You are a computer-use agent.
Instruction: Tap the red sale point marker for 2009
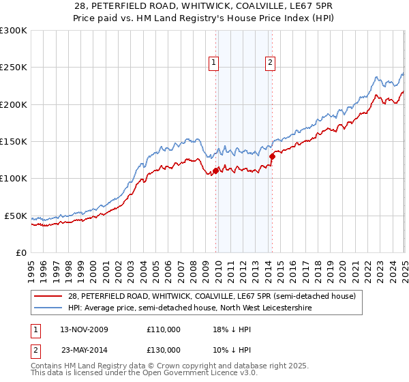tap(216, 171)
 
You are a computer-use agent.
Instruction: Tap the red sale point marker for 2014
tap(272, 156)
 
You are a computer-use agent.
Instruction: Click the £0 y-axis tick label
tap(20, 252)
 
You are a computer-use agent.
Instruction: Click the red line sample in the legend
tap(48, 297)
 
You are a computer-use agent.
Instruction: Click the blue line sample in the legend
tap(48, 308)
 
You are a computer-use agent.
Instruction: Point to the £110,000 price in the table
tap(164, 329)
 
